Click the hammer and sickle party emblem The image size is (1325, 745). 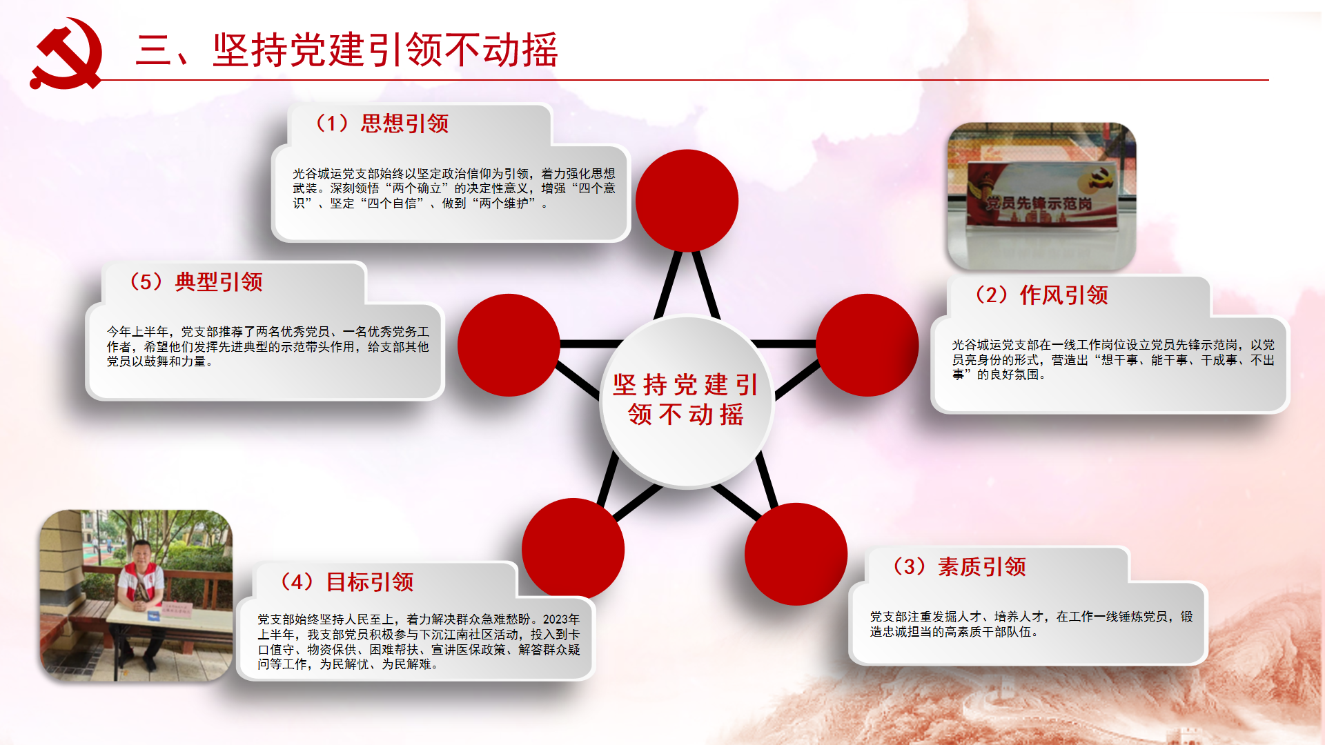[x=66, y=54]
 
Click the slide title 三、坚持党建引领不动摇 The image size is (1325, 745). [x=347, y=50]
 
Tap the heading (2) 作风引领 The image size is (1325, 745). [x=1041, y=295]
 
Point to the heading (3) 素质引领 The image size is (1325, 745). [x=959, y=567]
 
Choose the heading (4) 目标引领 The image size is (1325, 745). [x=347, y=582]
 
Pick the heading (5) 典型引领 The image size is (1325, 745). [x=196, y=282]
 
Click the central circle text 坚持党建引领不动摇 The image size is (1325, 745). [x=686, y=399]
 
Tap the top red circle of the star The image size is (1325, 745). [x=687, y=201]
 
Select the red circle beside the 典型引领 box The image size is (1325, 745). [x=509, y=345]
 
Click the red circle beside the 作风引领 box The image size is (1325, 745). [x=867, y=345]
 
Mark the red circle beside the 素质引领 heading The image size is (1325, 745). [x=796, y=554]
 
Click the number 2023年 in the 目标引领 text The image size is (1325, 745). [x=561, y=619]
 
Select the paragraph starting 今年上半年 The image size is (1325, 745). [x=268, y=346]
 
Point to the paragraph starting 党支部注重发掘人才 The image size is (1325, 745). [x=1031, y=624]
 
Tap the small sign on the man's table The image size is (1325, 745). [x=175, y=609]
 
